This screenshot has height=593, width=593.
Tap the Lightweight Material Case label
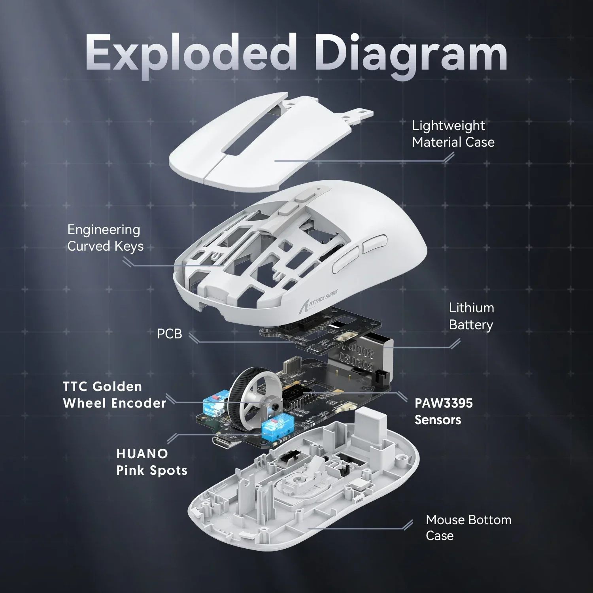(x=453, y=134)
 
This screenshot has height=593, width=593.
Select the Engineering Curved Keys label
(x=105, y=238)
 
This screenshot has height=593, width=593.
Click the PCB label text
(x=170, y=334)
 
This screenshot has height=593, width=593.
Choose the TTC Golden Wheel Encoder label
(x=114, y=395)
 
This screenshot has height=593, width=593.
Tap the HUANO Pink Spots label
(x=152, y=462)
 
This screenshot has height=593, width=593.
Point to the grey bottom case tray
(x=304, y=498)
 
